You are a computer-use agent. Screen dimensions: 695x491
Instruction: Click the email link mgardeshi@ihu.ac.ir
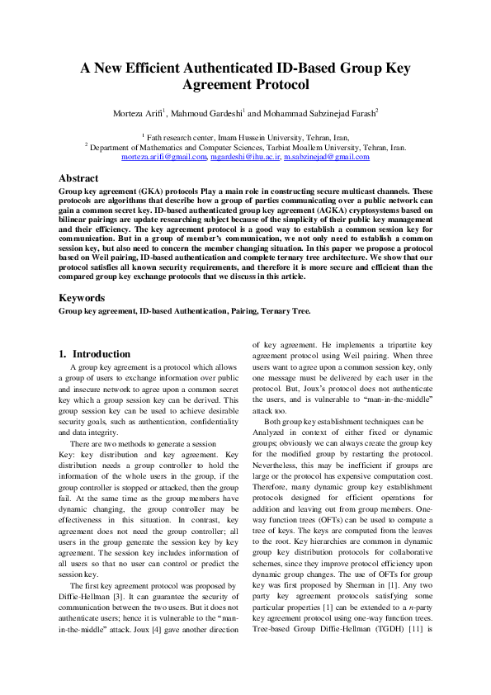[x=244, y=156]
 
